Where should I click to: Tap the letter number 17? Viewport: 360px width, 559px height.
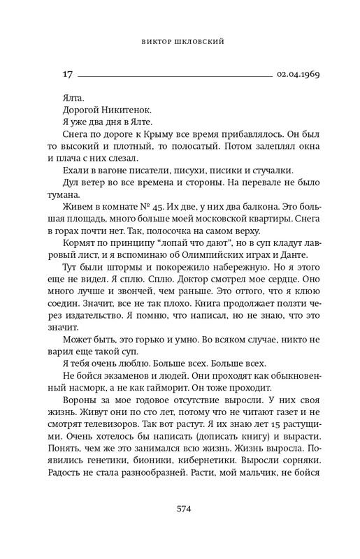68,73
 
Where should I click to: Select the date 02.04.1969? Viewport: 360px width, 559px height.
298,73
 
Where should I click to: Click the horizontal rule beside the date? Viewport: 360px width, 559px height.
174,74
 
